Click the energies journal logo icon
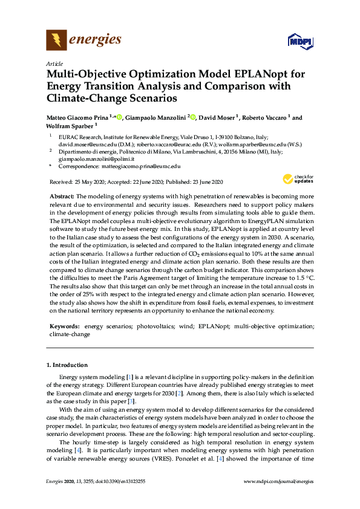click(x=57, y=40)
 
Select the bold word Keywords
click(x=64, y=326)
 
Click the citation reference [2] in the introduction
click(x=176, y=393)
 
